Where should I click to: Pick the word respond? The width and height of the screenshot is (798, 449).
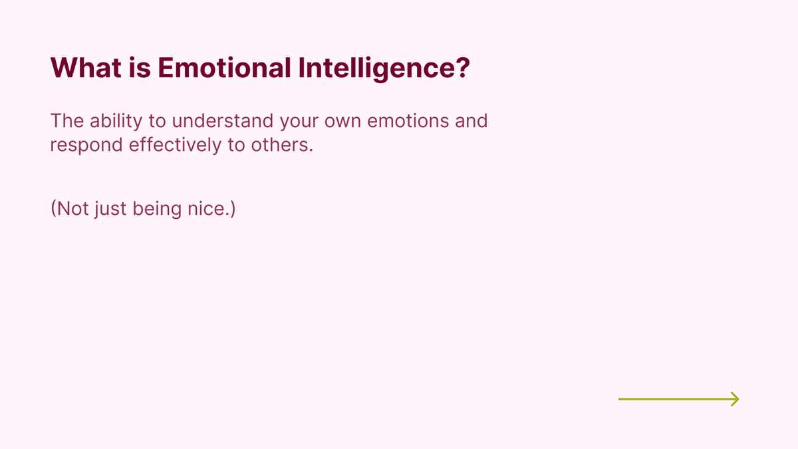click(x=86, y=146)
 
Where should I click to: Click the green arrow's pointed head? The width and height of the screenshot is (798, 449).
click(x=735, y=399)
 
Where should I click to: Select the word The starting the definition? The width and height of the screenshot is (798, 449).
click(x=66, y=122)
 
